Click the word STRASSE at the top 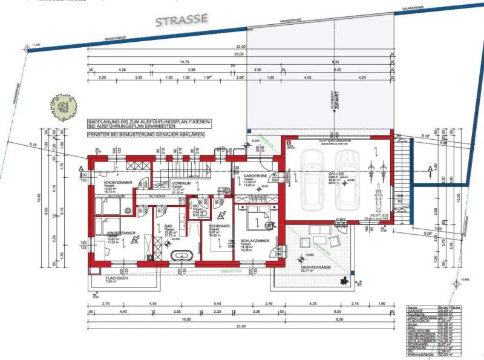(181, 20)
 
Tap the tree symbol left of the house (65, 106)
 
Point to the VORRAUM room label (181, 183)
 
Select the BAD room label (169, 227)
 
